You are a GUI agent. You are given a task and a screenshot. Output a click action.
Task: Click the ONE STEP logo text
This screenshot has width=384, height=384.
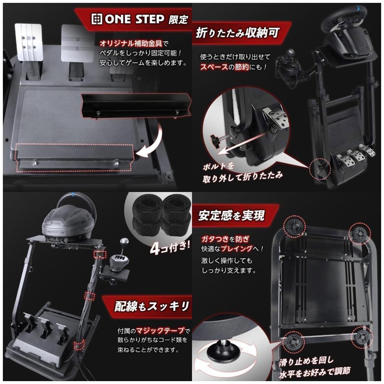tap(133, 19)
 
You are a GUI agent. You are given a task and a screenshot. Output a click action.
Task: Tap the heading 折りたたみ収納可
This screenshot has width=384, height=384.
tap(238, 33)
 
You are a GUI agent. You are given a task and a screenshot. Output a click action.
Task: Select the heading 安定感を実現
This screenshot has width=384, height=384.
tap(231, 216)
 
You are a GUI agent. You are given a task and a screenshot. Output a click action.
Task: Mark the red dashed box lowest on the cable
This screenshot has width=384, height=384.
tap(78, 344)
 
